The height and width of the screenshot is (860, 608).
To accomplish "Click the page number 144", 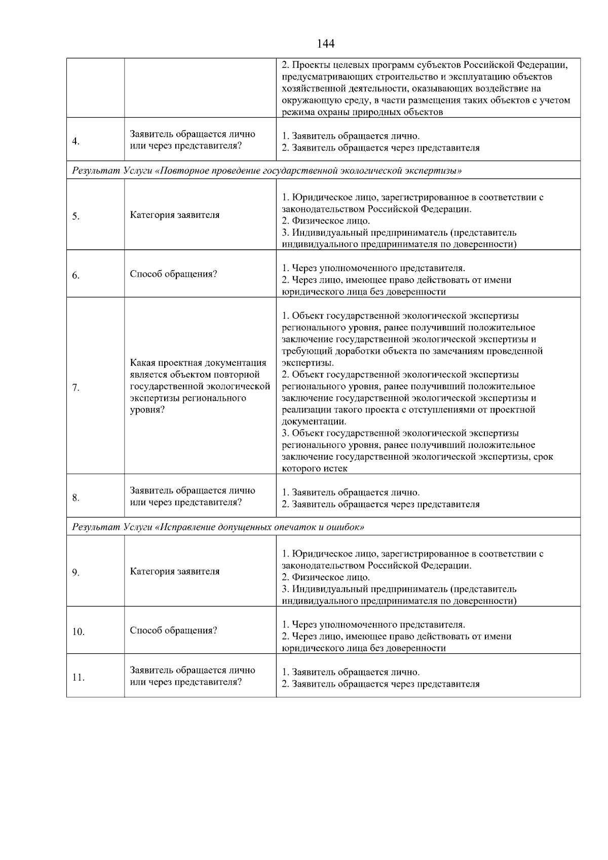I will pyautogui.click(x=325, y=44).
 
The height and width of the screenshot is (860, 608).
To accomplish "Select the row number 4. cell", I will pyautogui.click(x=75, y=141).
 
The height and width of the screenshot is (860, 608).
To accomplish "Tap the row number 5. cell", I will pyautogui.click(x=75, y=216).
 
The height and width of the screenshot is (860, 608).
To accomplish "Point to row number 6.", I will pyautogui.click(x=75, y=276).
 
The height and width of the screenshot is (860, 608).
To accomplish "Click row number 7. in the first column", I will pyautogui.click(x=75, y=388).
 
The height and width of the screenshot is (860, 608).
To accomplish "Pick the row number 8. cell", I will pyautogui.click(x=75, y=498).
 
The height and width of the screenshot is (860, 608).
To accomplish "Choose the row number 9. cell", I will pyautogui.click(x=75, y=573).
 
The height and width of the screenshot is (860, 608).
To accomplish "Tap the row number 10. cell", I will pyautogui.click(x=78, y=632).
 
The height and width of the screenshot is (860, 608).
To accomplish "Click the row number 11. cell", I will pyautogui.click(x=78, y=678).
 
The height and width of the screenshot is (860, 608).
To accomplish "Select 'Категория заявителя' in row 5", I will pyautogui.click(x=175, y=215).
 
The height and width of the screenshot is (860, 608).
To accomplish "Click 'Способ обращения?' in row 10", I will pyautogui.click(x=173, y=630).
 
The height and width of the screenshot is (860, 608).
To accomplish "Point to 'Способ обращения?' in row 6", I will pyautogui.click(x=173, y=274).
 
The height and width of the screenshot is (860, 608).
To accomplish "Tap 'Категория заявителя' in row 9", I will pyautogui.click(x=175, y=571).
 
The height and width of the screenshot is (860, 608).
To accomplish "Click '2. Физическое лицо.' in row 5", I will pyautogui.click(x=326, y=221).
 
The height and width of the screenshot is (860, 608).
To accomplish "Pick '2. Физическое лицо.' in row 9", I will pyautogui.click(x=326, y=577).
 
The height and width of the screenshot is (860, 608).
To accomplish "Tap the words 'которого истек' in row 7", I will pyautogui.click(x=315, y=468).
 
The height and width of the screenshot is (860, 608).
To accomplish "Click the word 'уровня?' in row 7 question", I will pyautogui.click(x=147, y=409).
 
